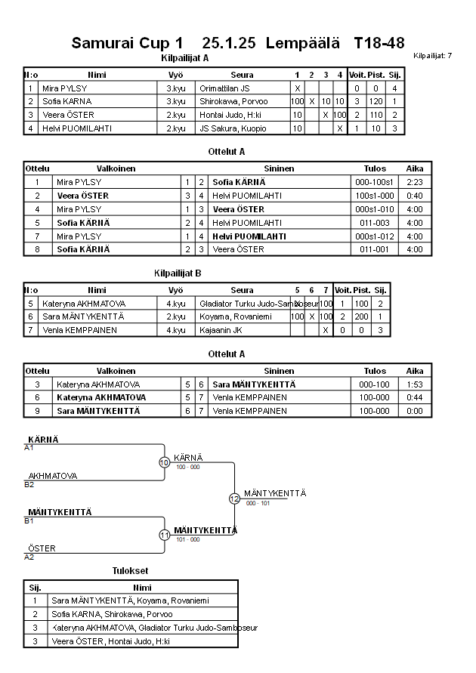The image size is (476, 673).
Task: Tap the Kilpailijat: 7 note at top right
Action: pyautogui.click(x=433, y=56)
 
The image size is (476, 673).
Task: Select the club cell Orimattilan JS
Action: pyautogui.click(x=224, y=88)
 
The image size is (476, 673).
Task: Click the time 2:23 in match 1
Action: pyautogui.click(x=415, y=182)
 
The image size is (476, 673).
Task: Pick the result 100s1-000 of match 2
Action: pyautogui.click(x=375, y=196)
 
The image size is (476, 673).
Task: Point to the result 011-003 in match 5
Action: pyautogui.click(x=375, y=223)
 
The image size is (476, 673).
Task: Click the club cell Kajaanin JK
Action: pyautogui.click(x=221, y=330)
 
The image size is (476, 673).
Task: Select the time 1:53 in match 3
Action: pyautogui.click(x=415, y=384)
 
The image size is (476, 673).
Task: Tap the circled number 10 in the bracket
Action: pyautogui.click(x=165, y=462)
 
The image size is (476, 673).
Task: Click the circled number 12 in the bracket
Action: pyautogui.click(x=234, y=499)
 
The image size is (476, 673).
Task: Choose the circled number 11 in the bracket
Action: pyautogui.click(x=165, y=535)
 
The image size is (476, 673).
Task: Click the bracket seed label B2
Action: pyautogui.click(x=29, y=484)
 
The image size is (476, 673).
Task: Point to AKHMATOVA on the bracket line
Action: pyautogui.click(x=53, y=476)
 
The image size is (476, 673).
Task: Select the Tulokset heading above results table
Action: pyautogui.click(x=130, y=571)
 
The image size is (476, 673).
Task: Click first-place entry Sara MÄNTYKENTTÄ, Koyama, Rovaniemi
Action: pyautogui.click(x=130, y=600)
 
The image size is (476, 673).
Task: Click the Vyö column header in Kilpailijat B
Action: pyautogui.click(x=175, y=289)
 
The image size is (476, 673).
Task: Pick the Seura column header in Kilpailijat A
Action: pyautogui.click(x=242, y=75)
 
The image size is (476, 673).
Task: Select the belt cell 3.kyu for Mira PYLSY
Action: pyautogui.click(x=176, y=88)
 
